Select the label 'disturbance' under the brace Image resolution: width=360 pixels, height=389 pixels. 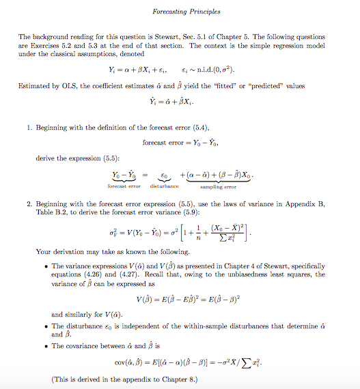(x=161, y=186)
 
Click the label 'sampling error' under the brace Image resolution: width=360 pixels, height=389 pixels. (x=218, y=186)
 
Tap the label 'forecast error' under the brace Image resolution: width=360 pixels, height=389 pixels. (x=124, y=186)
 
